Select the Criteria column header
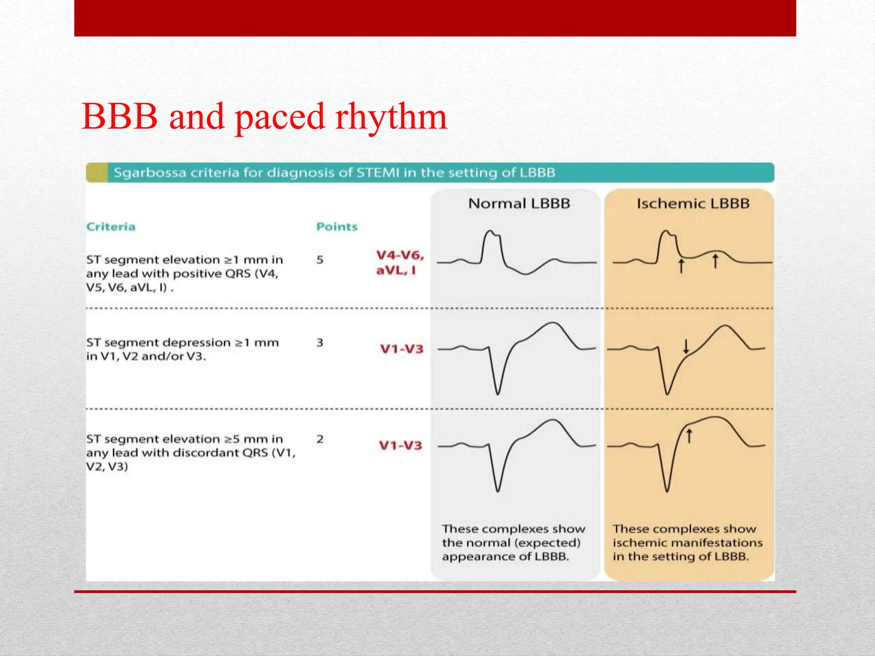(x=111, y=226)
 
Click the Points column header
(x=337, y=226)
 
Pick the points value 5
(x=320, y=260)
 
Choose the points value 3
(x=320, y=343)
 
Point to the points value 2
(x=320, y=439)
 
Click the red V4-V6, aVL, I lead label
(x=399, y=262)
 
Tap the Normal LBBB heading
(x=519, y=203)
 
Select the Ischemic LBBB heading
(x=693, y=203)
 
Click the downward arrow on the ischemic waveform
(x=686, y=346)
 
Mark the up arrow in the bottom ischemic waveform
(x=689, y=436)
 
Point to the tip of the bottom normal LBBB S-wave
(x=498, y=491)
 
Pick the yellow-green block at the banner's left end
(x=97, y=173)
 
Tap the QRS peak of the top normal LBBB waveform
(x=491, y=232)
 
